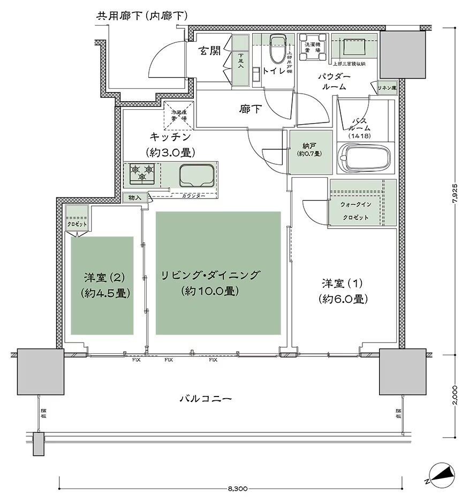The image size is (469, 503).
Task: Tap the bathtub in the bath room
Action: [365, 159]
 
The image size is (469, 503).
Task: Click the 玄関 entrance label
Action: [209, 51]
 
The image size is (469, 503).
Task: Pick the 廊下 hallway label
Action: [250, 109]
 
